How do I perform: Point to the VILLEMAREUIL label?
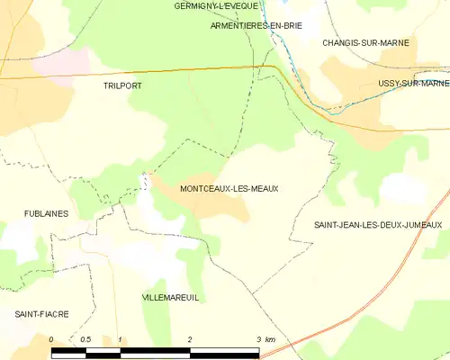coord(171,295)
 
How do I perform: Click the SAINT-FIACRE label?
coord(40,314)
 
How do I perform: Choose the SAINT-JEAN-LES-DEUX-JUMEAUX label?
coord(378,224)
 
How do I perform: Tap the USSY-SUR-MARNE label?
coord(414,84)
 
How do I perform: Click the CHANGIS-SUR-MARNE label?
coord(366,42)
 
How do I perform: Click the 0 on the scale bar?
coord(51,339)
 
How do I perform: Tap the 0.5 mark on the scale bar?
coord(85,339)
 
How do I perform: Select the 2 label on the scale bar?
coord(190,339)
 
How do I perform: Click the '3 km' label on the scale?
coord(265,339)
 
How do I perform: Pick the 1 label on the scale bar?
coord(120,339)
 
